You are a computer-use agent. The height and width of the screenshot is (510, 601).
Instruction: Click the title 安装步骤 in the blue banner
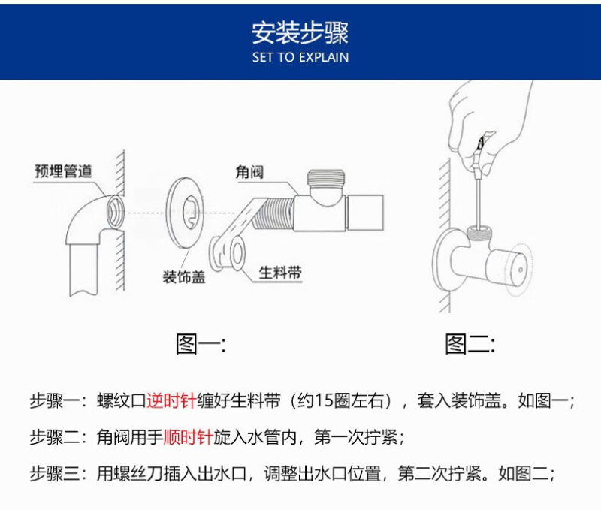pos(300,32)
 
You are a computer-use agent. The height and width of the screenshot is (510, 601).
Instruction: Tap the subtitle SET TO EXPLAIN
pos(300,58)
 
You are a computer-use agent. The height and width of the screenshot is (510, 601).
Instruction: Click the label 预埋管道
pos(63,171)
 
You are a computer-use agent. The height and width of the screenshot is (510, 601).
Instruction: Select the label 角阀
pos(249,172)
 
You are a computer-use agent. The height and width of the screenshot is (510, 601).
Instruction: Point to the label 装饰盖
pos(184,276)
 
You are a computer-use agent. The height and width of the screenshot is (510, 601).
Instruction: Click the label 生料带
pos(280,273)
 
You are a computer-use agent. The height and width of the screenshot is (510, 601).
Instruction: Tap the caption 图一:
pos(201,344)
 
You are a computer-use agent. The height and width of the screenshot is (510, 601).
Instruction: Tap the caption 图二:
pos(470,344)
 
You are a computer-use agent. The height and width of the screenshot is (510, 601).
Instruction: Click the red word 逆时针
pos(171,401)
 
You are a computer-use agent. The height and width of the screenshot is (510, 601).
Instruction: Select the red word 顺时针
pos(189,437)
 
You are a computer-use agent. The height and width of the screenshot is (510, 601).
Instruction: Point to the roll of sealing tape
pos(228,253)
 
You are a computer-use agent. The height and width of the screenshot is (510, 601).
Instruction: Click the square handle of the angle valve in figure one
pos(365,213)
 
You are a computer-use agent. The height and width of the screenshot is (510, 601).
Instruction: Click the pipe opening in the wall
pos(115,212)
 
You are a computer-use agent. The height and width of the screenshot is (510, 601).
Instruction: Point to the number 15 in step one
pos(325,401)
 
